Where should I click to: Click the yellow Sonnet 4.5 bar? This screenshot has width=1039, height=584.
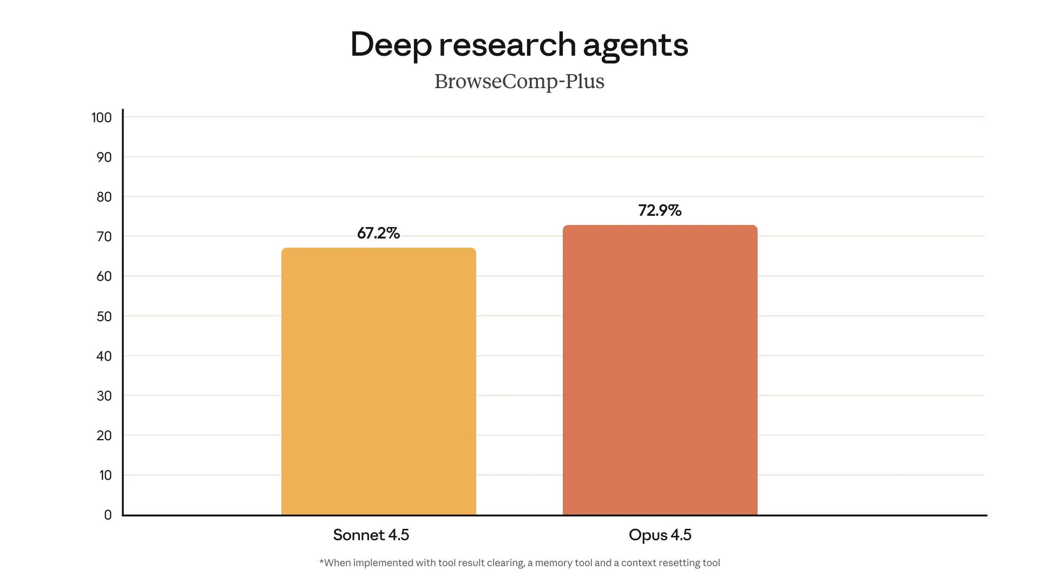[379, 381]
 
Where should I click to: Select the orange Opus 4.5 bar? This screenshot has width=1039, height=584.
[660, 370]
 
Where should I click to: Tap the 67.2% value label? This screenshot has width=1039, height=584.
[378, 233]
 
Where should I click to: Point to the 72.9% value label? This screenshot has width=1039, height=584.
[660, 210]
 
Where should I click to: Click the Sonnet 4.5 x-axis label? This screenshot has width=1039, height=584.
[371, 535]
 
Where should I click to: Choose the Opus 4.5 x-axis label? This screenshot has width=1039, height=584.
[660, 535]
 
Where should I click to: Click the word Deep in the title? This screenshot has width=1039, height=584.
[391, 45]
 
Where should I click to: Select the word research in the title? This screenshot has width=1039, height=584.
[507, 44]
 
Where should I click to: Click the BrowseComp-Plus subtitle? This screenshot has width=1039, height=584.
[519, 82]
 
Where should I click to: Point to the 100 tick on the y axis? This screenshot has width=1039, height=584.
[102, 118]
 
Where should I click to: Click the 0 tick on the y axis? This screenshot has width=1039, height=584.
[108, 515]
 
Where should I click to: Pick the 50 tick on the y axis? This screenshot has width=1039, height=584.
[104, 316]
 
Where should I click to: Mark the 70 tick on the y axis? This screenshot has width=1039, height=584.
[104, 237]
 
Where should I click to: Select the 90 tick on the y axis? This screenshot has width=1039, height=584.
[104, 157]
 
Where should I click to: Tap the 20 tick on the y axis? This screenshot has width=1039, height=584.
[104, 436]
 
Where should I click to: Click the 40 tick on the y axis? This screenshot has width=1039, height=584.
[104, 356]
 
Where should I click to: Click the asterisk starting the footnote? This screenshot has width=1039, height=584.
[321, 562]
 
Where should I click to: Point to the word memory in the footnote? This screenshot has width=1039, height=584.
[554, 563]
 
